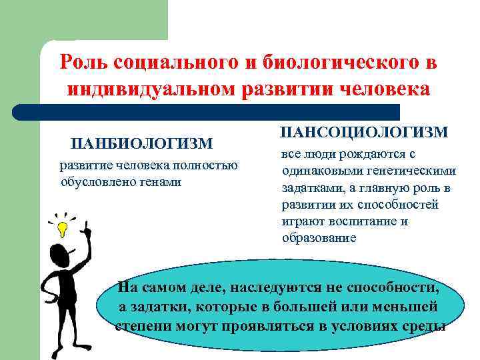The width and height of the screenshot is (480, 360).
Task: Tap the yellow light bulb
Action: click(63, 229)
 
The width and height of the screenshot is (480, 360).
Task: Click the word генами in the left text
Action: click(160, 181)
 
